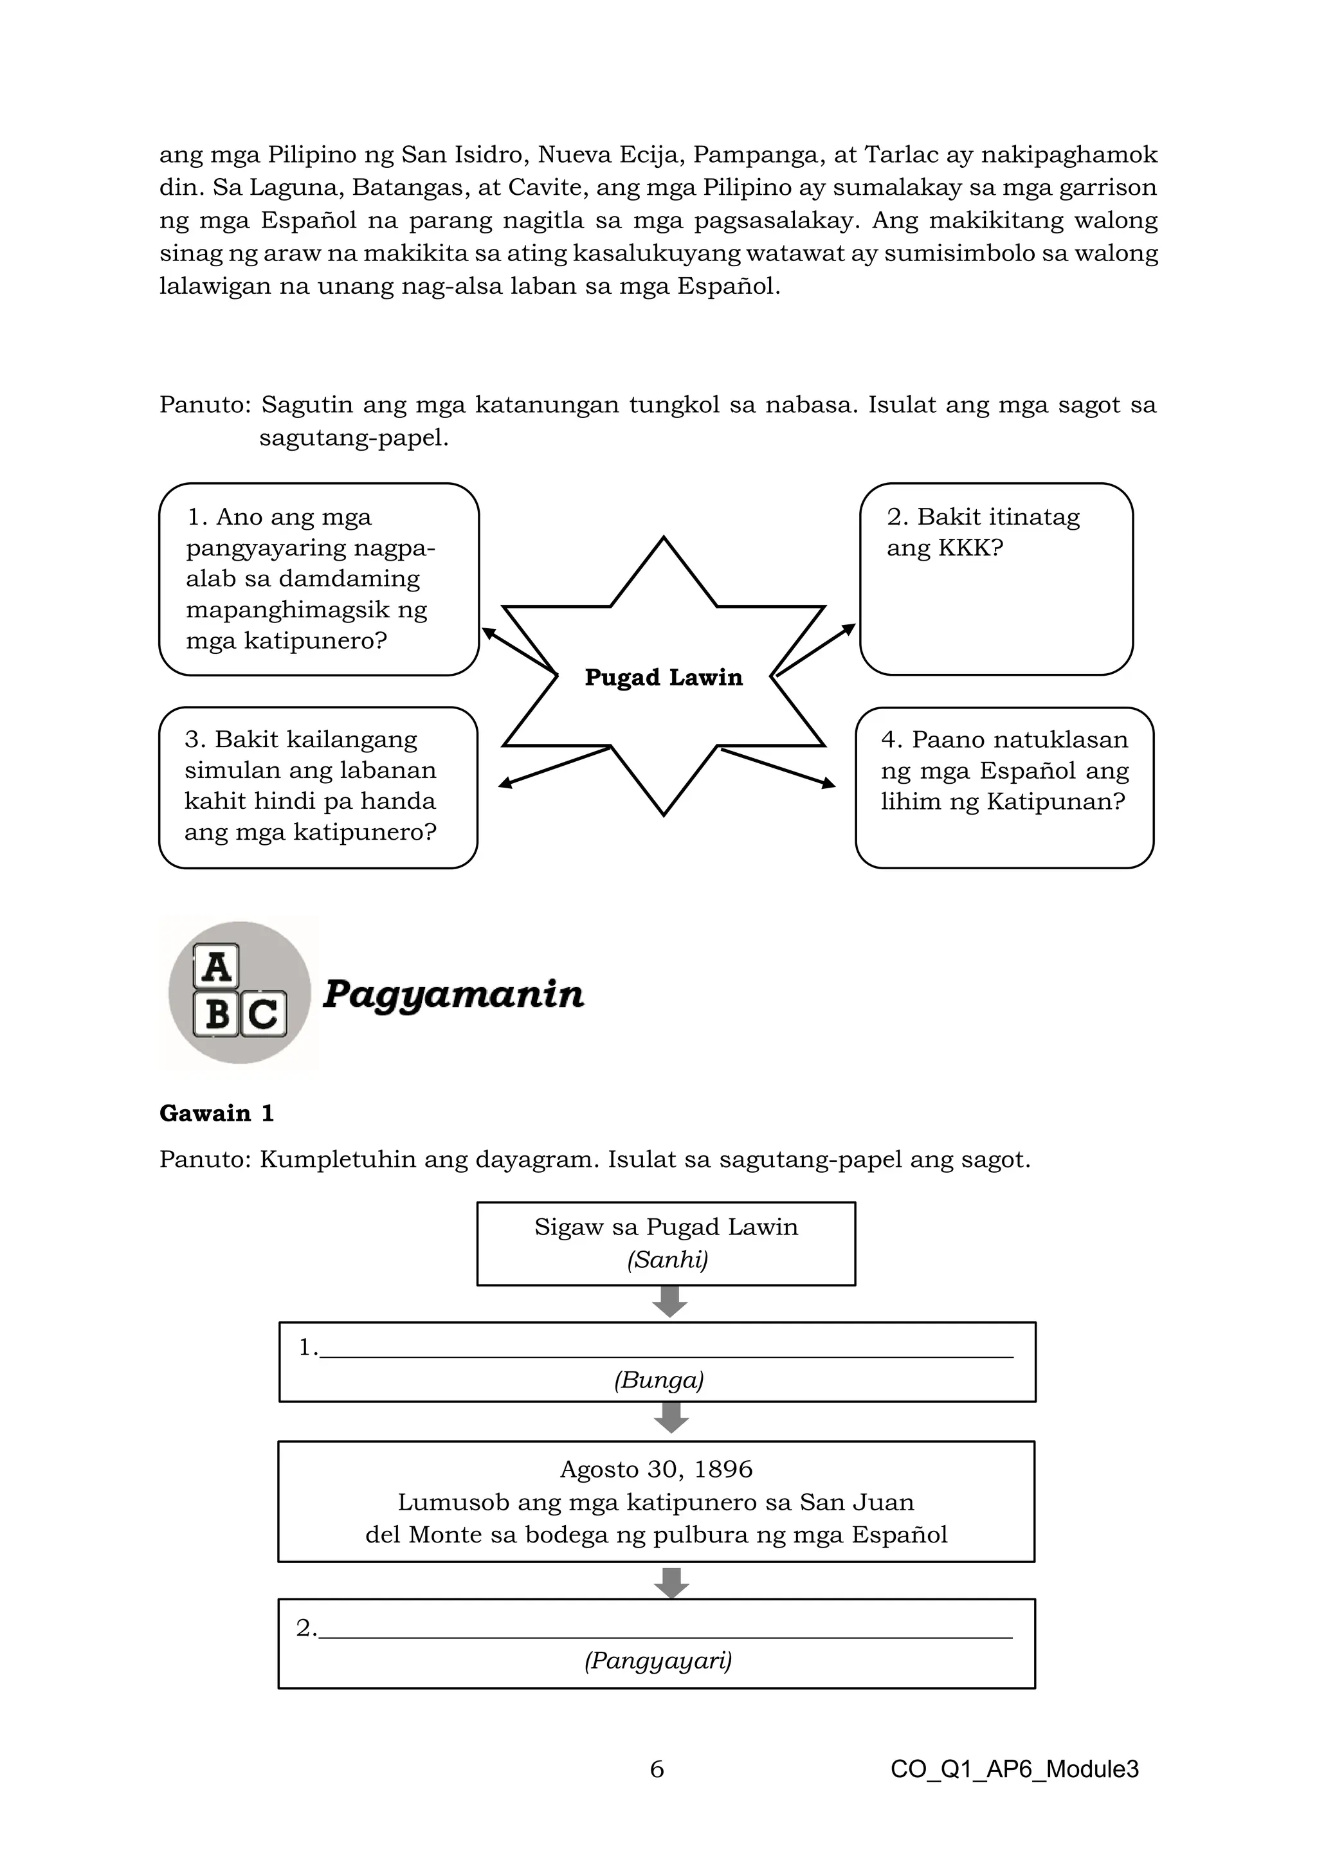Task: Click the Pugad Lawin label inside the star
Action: coord(664,677)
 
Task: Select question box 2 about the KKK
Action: coord(996,579)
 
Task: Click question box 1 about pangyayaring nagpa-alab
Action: coord(319,579)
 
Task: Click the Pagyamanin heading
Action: coord(453,993)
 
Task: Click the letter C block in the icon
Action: coord(264,1014)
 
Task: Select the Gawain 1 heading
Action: coord(217,1114)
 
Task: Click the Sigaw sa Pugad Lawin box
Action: coord(666,1243)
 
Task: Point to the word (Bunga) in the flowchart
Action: coord(658,1380)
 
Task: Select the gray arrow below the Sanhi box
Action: coord(670,1303)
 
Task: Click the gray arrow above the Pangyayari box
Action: coord(671,1582)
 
